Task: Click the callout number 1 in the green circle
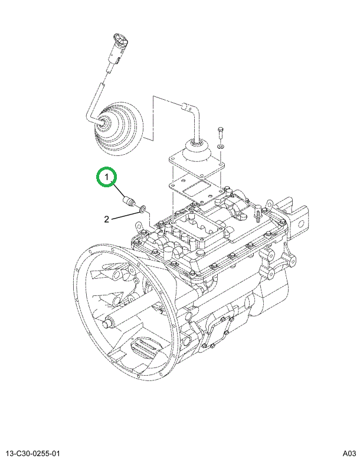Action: point(107,176)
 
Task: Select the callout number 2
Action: point(107,220)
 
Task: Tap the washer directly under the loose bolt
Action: point(220,145)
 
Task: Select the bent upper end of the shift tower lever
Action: point(188,106)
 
